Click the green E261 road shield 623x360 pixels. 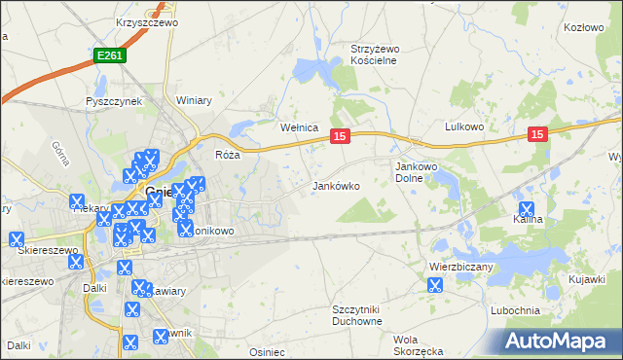pyautogui.click(x=110, y=57)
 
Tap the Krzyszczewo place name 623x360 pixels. pyautogui.click(x=144, y=21)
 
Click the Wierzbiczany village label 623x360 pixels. pyautogui.click(x=462, y=266)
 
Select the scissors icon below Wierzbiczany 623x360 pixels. pyautogui.click(x=435, y=285)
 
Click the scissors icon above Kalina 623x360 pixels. pyautogui.click(x=527, y=207)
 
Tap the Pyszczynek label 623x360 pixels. pyautogui.click(x=114, y=100)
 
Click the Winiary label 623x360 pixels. pyautogui.click(x=194, y=100)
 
